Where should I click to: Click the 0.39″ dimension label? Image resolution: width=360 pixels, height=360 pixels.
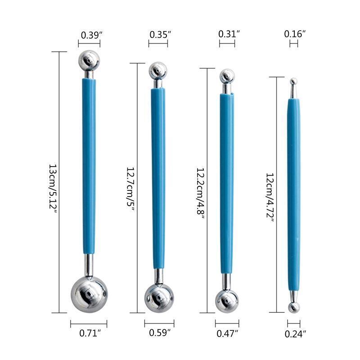[91, 35]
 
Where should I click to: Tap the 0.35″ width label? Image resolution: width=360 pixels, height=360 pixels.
[160, 35]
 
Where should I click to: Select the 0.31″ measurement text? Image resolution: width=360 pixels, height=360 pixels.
[229, 34]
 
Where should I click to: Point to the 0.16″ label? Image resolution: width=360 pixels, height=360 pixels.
[295, 34]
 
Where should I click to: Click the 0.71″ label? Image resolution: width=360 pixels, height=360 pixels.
[90, 333]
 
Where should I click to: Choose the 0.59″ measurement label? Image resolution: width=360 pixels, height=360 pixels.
[160, 333]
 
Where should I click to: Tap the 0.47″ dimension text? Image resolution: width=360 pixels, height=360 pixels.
[227, 333]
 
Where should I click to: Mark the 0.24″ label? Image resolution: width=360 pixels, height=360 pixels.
[296, 334]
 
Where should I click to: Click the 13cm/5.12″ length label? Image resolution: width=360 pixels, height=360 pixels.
[53, 189]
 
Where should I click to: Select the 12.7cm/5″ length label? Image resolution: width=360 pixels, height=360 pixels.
[130, 189]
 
